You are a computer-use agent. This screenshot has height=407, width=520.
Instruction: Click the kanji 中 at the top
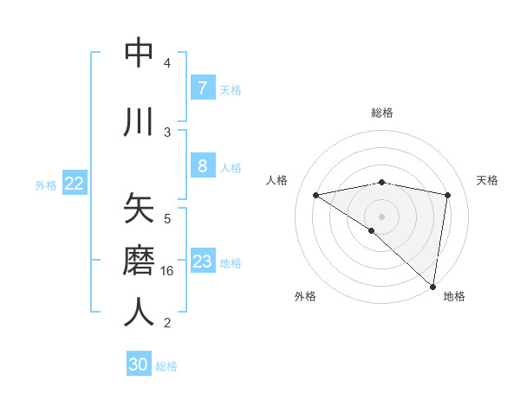139,54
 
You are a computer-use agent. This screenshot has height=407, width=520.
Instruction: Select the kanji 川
139,122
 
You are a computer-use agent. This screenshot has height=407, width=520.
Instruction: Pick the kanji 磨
139,260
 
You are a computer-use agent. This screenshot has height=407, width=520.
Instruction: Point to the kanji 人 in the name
139,313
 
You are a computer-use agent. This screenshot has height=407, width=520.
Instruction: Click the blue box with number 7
202,87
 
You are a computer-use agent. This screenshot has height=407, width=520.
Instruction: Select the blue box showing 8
202,166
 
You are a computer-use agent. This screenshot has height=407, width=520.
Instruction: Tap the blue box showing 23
202,262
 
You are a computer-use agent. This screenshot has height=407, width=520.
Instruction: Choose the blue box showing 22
75,184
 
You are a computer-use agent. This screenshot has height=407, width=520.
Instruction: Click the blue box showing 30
139,365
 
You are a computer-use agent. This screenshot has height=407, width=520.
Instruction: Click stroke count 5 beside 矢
167,219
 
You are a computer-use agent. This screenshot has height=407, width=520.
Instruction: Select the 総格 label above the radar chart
382,113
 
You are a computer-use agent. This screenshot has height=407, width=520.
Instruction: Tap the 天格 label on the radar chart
488,180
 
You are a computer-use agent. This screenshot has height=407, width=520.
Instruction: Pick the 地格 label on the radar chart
454,297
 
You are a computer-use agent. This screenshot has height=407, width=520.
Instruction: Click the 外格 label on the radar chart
305,297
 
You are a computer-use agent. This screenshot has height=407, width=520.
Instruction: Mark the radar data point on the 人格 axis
316,195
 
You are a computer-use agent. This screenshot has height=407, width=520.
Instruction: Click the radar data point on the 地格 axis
433,286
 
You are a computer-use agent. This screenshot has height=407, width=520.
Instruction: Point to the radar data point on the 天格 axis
447,195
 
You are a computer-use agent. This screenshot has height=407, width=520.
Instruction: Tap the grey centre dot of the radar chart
382,216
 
